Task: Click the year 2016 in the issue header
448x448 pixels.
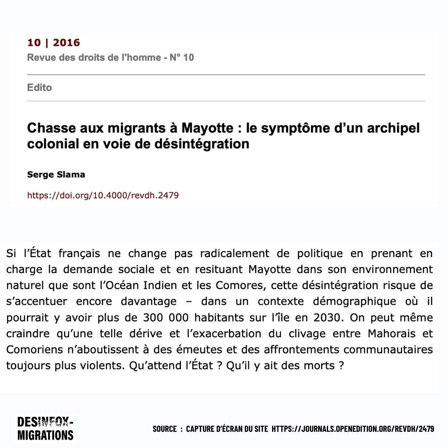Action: tap(66, 43)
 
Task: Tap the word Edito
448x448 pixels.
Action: tap(39, 88)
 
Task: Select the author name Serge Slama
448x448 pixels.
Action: tap(56, 175)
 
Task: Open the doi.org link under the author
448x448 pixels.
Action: tap(103, 195)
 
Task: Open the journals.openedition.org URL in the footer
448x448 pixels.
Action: tap(353, 429)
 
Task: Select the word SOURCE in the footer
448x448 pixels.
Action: tap(164, 429)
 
